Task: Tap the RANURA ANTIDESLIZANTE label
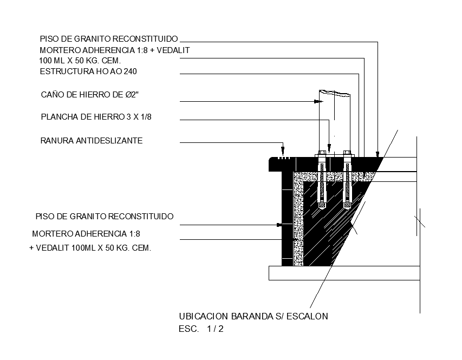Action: coord(92,141)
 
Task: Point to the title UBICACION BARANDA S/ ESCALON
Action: coord(253,316)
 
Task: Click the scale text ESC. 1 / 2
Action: coord(201,329)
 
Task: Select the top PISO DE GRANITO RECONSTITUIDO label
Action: coord(109,39)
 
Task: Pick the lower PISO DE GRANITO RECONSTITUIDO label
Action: coord(105,217)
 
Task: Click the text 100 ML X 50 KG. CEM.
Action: coord(80,61)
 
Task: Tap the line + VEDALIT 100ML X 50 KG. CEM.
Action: coord(90,248)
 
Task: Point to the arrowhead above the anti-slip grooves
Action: coord(282,151)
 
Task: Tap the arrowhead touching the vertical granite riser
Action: coord(279,224)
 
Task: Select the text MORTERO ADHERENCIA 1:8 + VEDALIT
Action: coord(115,50)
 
